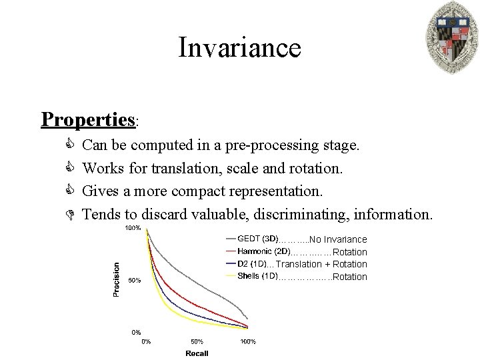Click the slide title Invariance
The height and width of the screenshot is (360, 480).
(x=239, y=48)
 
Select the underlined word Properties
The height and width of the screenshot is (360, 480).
(x=88, y=119)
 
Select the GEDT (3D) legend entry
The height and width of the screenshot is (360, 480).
(x=257, y=239)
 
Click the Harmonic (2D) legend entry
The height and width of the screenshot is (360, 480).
(x=263, y=251)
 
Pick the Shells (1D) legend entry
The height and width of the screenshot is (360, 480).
(x=257, y=276)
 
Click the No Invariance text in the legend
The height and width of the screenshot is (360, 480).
(x=338, y=239)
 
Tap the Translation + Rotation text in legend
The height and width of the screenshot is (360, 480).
(x=321, y=264)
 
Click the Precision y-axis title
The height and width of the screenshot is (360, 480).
(x=117, y=279)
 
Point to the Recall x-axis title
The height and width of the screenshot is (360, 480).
(x=197, y=353)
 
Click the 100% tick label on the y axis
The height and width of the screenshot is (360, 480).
(x=133, y=228)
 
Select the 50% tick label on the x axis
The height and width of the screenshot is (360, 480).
(x=197, y=341)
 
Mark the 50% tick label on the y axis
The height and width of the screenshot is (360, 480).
(x=134, y=280)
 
